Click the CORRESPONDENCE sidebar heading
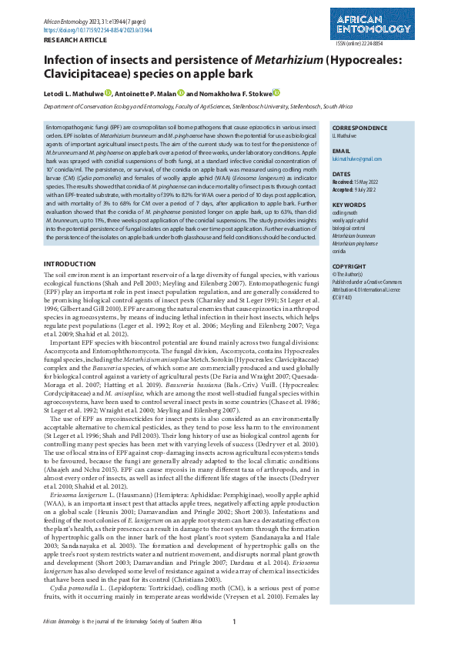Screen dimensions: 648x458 coord(359,128)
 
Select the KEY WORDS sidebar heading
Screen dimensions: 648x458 coord(349,205)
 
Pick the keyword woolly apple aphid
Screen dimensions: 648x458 coord(350,220)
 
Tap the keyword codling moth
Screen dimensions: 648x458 coord(344,213)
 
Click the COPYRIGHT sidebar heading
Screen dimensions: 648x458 coord(349,266)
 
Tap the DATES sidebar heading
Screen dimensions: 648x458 coord(342,175)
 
